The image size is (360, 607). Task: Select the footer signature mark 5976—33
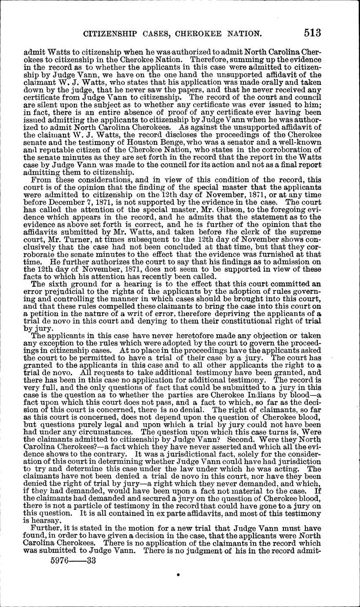[73, 562]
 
